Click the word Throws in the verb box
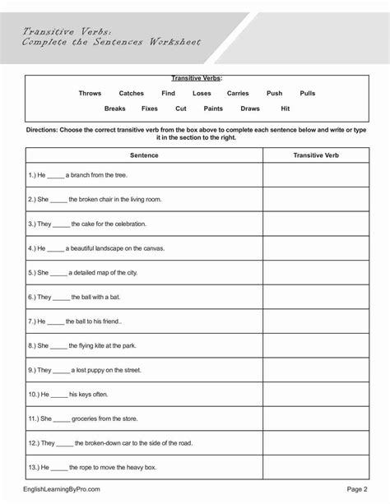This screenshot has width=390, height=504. pyautogui.click(x=90, y=94)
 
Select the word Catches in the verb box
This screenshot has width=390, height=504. pyautogui.click(x=131, y=94)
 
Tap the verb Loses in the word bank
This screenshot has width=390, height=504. pyautogui.click(x=202, y=94)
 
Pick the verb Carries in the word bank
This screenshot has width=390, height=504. pyautogui.click(x=238, y=94)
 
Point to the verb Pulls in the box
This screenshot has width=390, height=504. pyautogui.click(x=308, y=94)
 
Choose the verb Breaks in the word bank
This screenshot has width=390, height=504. pyautogui.click(x=114, y=109)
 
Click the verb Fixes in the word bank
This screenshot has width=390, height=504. pyautogui.click(x=150, y=109)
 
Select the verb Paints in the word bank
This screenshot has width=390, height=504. pyautogui.click(x=213, y=109)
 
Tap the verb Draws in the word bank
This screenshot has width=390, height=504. pyautogui.click(x=250, y=109)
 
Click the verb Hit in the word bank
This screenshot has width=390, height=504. pyautogui.click(x=285, y=109)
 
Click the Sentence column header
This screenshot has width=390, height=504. pyautogui.click(x=144, y=155)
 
